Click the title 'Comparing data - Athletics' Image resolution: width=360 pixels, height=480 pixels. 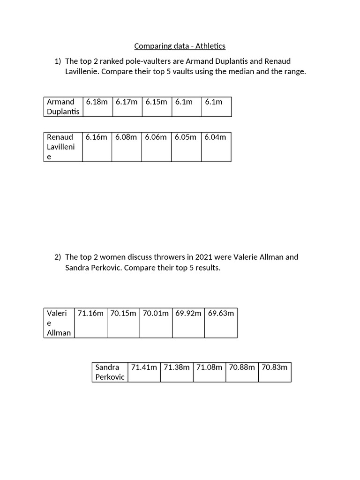(x=180, y=46)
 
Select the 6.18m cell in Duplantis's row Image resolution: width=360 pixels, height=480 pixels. (x=97, y=106)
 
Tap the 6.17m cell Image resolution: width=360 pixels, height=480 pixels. (x=127, y=106)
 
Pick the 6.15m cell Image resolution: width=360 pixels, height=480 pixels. (x=157, y=106)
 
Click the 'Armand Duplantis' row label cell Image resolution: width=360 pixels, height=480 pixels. (x=63, y=107)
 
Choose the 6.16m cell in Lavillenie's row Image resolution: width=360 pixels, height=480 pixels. (x=97, y=147)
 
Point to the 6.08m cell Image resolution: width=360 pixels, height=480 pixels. (x=127, y=147)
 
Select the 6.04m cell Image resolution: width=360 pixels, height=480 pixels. (x=216, y=147)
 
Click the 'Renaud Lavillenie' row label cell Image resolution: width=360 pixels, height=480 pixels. (x=63, y=147)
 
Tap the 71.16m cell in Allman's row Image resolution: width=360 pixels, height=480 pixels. (x=90, y=322)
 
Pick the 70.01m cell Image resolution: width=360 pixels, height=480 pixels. (x=156, y=322)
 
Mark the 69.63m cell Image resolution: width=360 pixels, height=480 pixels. (x=221, y=322)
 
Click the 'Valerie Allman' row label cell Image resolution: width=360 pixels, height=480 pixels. (x=59, y=323)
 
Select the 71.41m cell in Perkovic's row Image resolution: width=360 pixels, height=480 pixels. (x=144, y=372)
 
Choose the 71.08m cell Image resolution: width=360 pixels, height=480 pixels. (x=209, y=372)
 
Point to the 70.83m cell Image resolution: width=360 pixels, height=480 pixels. (x=275, y=372)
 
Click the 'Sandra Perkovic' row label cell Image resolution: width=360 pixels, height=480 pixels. (x=110, y=372)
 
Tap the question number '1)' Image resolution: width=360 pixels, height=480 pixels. (x=58, y=61)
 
